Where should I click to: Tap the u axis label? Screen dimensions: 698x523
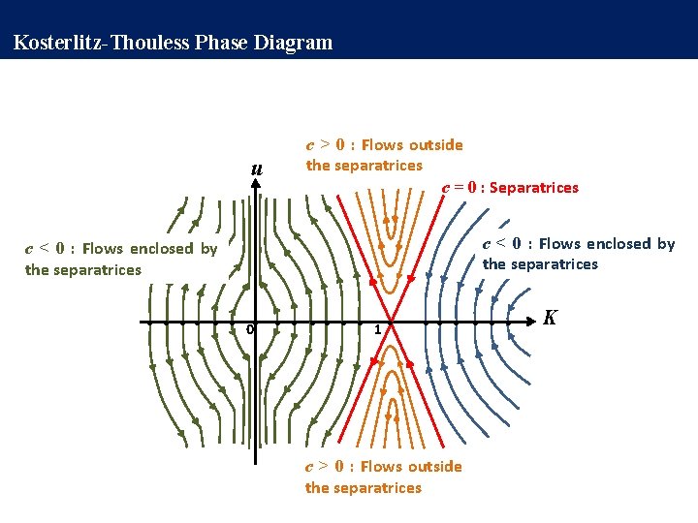click(x=256, y=169)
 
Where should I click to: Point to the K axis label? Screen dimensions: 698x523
click(x=550, y=318)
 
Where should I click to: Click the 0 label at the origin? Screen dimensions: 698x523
click(x=249, y=330)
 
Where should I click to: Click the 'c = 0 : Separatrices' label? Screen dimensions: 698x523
click(x=510, y=187)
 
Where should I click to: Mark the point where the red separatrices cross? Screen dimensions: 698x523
click(x=390, y=321)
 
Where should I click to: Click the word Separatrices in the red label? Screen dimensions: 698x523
click(x=534, y=187)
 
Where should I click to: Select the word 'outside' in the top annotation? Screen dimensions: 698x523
click(x=436, y=145)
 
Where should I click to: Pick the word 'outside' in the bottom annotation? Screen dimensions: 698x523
click(x=435, y=467)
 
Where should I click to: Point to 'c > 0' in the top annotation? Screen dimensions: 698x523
click(x=326, y=145)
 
